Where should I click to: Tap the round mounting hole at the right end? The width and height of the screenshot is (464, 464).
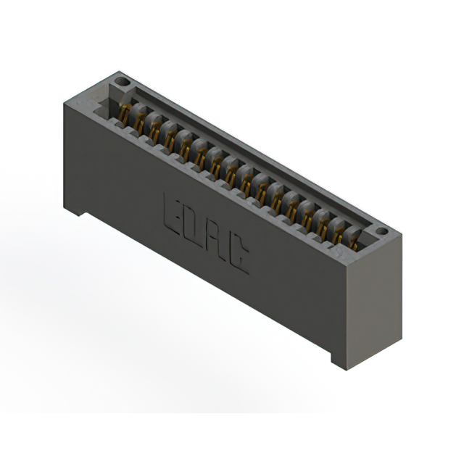381,231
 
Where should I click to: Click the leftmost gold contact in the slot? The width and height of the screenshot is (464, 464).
125,114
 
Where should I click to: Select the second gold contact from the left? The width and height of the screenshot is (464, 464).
139,123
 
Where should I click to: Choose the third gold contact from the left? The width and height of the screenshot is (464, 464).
154,130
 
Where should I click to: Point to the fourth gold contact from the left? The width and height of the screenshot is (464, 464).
170,139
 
